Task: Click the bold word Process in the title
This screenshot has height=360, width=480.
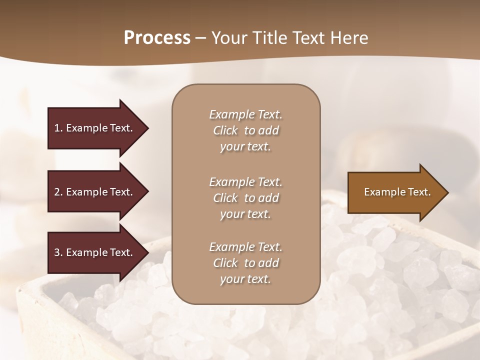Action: (x=157, y=38)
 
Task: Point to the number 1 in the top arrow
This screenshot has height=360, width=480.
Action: (x=57, y=128)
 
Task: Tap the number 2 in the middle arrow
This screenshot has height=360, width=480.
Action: (x=57, y=192)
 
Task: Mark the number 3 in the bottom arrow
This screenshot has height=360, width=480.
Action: (x=57, y=252)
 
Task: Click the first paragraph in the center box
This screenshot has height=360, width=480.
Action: (x=245, y=130)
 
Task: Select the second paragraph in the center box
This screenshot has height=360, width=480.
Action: (x=245, y=198)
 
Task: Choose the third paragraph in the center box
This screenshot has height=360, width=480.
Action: (x=245, y=263)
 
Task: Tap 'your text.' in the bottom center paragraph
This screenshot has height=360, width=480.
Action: (x=245, y=279)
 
